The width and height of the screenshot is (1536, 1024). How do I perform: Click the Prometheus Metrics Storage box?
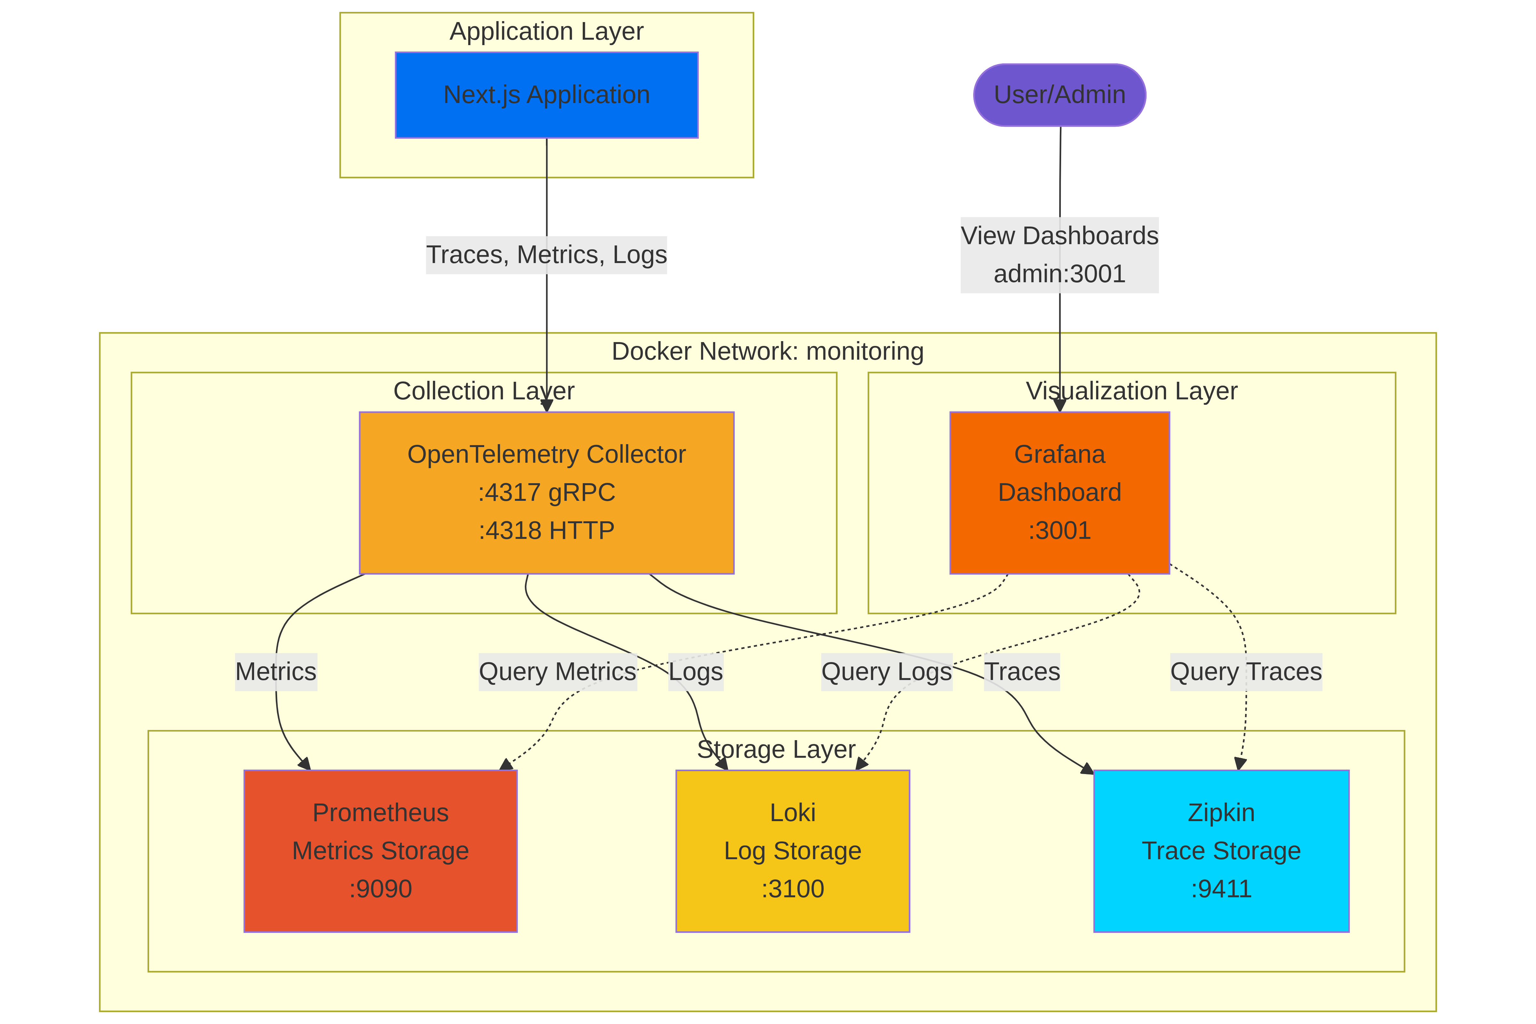pos(380,850)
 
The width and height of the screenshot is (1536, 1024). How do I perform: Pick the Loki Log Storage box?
pos(792,850)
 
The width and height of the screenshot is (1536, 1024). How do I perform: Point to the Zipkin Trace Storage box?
pos(1220,850)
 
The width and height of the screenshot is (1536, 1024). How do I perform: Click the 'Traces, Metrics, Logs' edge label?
pos(547,255)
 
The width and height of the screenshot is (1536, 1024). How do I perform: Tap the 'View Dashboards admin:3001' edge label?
pos(1059,255)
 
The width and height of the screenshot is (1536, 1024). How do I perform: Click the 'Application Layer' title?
pos(547,31)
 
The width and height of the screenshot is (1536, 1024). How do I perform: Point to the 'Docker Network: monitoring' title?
pos(767,351)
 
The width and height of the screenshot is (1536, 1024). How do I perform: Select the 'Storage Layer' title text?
pos(776,750)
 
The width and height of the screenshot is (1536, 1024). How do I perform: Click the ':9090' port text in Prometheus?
pos(380,889)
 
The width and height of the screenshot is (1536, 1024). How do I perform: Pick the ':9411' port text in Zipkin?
pos(1220,889)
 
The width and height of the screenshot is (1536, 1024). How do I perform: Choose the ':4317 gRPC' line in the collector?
pos(547,492)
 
